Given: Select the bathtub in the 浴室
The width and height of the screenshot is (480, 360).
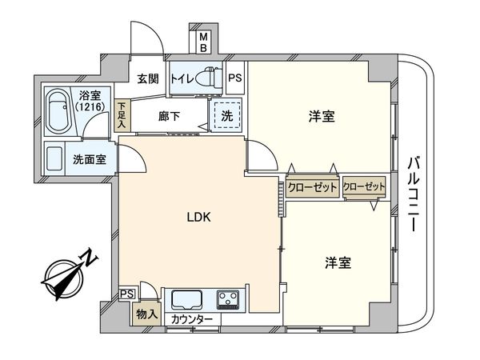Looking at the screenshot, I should tap(57, 110).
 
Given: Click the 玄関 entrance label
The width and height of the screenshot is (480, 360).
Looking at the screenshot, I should tap(147, 78).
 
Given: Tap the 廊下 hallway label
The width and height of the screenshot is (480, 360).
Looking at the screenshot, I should tap(169, 116).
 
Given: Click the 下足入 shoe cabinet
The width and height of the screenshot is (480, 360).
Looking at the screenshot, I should tap(122, 114).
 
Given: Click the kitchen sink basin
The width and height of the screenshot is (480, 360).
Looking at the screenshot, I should tap(186, 300).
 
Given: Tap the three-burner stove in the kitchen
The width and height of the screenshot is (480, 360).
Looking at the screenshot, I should tap(228, 300).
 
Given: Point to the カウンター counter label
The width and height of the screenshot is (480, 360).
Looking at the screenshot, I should tap(192, 319).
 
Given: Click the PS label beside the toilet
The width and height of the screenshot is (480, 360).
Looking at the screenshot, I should tap(234, 78).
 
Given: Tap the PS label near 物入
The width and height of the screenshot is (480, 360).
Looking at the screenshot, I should tap(126, 294).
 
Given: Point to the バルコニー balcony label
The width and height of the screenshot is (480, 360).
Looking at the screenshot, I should tap(414, 193).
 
